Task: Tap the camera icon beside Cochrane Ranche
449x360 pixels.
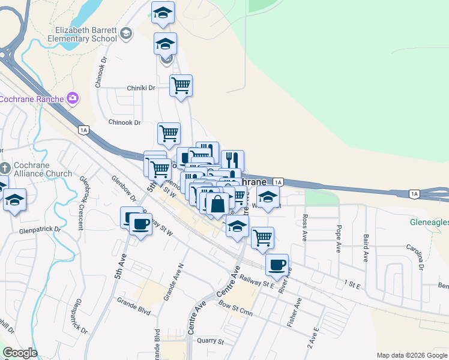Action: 73,97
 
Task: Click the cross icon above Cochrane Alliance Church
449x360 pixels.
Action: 4,167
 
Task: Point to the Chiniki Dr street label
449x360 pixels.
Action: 141,88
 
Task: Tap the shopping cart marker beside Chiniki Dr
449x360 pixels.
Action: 181,85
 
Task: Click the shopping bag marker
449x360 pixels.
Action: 218,203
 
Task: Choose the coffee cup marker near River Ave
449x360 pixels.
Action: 277,265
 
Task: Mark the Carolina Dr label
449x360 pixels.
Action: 414,256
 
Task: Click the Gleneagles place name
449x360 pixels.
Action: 429,221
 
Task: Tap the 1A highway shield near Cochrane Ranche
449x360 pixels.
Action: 83,130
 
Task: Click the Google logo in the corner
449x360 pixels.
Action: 20,353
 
